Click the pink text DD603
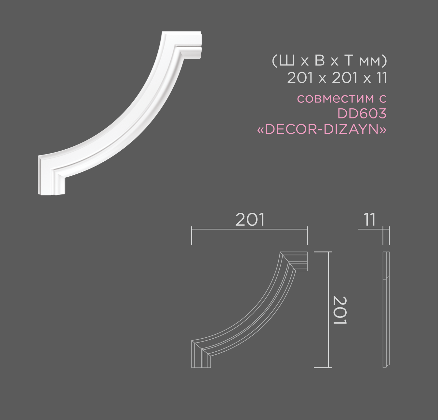click(x=362, y=114)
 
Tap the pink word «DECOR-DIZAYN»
click(x=322, y=129)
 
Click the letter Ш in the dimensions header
click(x=286, y=61)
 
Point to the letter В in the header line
click(x=320, y=61)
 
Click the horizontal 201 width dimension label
click(x=250, y=220)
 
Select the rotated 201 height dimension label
click(x=340, y=310)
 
